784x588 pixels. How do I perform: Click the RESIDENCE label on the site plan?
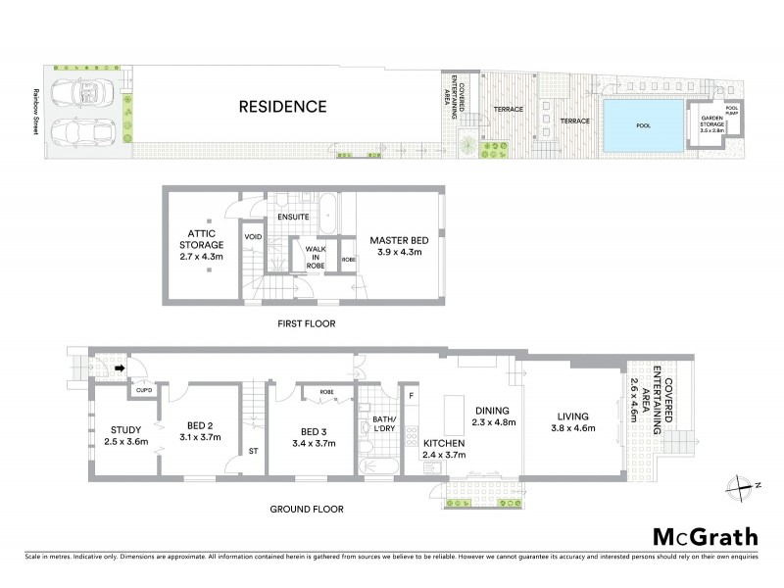[283, 106]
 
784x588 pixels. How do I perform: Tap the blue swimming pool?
[643, 125]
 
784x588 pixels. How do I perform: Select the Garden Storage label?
[710, 125]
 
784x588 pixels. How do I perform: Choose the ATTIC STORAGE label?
[201, 238]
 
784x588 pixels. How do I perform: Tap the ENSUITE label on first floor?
[294, 216]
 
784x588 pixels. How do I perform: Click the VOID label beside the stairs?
[252, 237]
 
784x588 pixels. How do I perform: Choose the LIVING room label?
[573, 415]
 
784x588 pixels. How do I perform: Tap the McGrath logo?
[705, 536]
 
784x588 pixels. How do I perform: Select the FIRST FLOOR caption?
[303, 321]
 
